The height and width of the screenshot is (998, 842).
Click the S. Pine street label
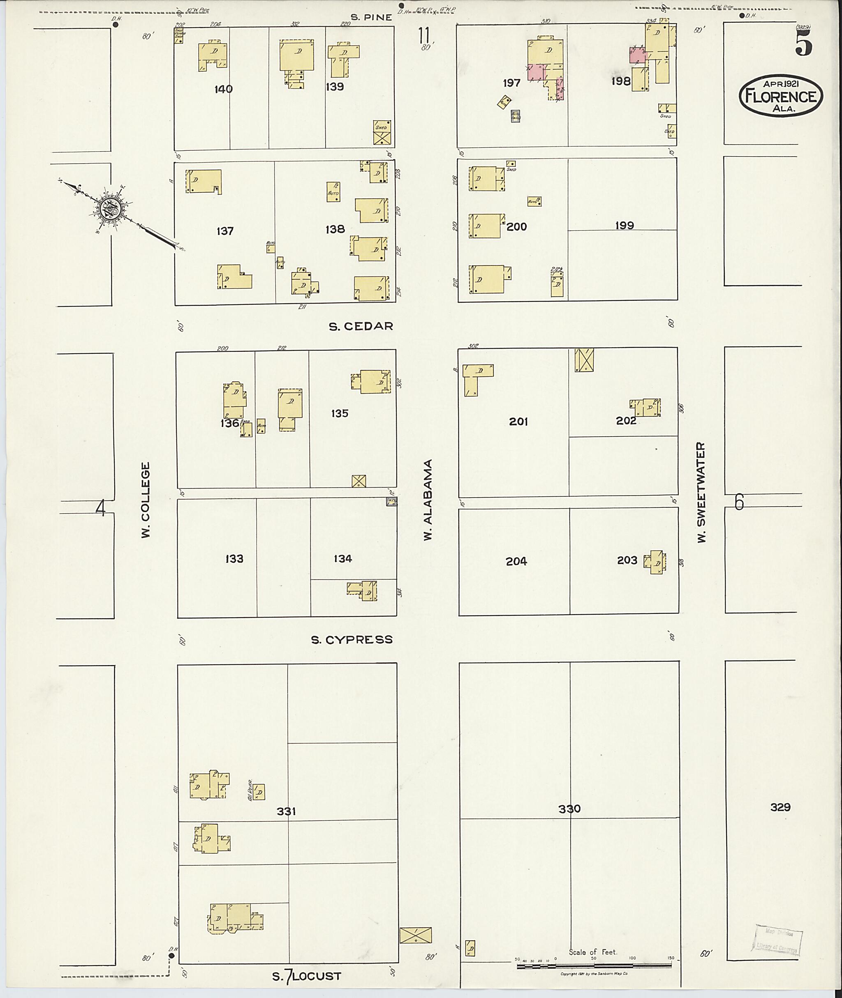(x=371, y=17)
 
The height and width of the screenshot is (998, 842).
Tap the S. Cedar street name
(x=361, y=326)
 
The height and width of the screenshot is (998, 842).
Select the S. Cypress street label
(x=352, y=640)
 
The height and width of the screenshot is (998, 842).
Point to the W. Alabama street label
(x=428, y=500)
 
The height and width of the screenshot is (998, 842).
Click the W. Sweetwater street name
(x=701, y=492)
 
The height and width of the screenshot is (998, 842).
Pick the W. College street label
(x=146, y=500)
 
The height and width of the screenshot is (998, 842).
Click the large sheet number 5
(x=803, y=45)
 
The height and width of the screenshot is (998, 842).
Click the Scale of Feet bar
(x=594, y=966)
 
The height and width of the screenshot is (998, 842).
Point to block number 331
(x=287, y=811)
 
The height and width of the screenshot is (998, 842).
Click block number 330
(x=569, y=809)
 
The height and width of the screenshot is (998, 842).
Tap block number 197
(x=511, y=83)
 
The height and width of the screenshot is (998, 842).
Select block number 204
(x=516, y=562)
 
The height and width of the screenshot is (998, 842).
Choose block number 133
(x=234, y=559)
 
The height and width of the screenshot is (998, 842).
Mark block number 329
(x=780, y=807)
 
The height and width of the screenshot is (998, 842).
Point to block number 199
(x=625, y=225)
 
